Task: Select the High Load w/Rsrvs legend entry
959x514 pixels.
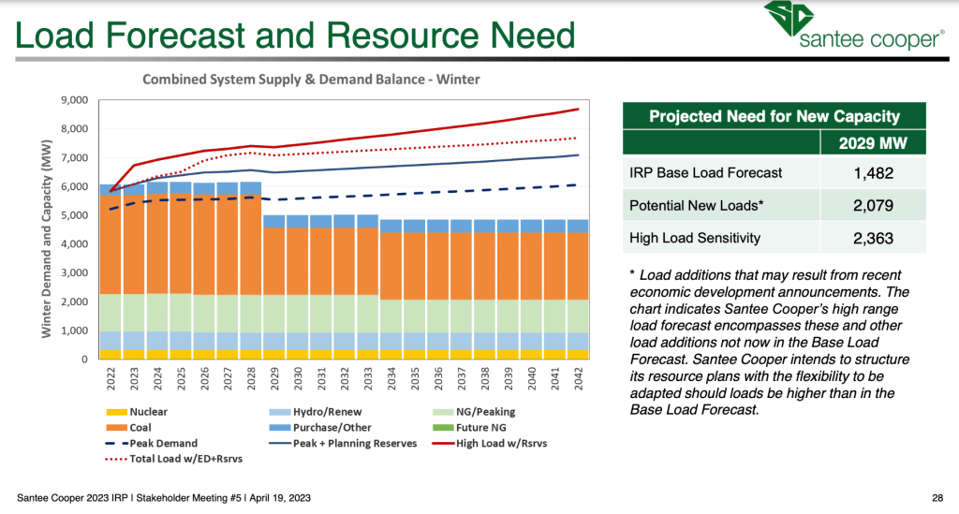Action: pos(506,444)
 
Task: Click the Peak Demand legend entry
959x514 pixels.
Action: pos(154,444)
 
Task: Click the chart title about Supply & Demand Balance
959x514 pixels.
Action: pos(311,80)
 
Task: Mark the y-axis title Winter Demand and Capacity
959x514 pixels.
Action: pos(47,229)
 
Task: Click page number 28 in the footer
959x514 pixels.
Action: pos(937,496)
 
